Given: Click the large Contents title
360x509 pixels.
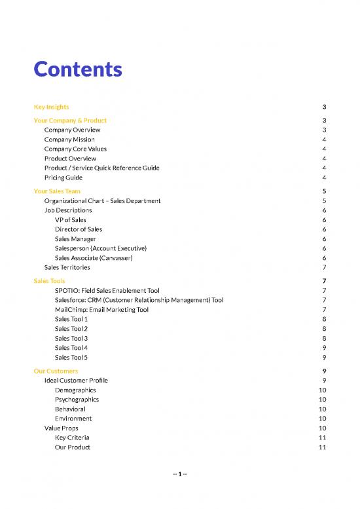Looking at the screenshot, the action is coord(78,69).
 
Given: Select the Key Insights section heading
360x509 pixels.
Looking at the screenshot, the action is coord(51,107).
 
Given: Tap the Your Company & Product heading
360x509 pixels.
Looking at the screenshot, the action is coord(70,121).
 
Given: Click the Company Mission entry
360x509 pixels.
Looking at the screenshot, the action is coord(69,140).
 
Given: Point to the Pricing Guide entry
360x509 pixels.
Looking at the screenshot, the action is coord(63,178).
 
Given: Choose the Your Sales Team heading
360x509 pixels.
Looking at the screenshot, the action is coord(57,191).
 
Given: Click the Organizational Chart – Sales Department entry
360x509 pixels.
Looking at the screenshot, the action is coord(102,200).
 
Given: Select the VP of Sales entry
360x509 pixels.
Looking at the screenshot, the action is coord(70,220).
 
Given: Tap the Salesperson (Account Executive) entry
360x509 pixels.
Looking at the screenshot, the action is coord(101,248).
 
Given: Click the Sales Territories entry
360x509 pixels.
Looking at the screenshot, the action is coord(67,267).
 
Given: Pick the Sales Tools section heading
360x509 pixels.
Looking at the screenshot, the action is coord(49,281).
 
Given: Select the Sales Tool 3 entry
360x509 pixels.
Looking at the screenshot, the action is coord(71,338).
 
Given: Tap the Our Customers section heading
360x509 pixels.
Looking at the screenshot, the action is coord(56,371).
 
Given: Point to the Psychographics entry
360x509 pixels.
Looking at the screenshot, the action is coord(77,399).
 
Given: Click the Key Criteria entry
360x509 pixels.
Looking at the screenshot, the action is coord(72,437).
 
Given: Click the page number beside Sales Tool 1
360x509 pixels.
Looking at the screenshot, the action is coord(325,319).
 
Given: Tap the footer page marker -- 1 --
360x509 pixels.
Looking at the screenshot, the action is coord(179,474).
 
